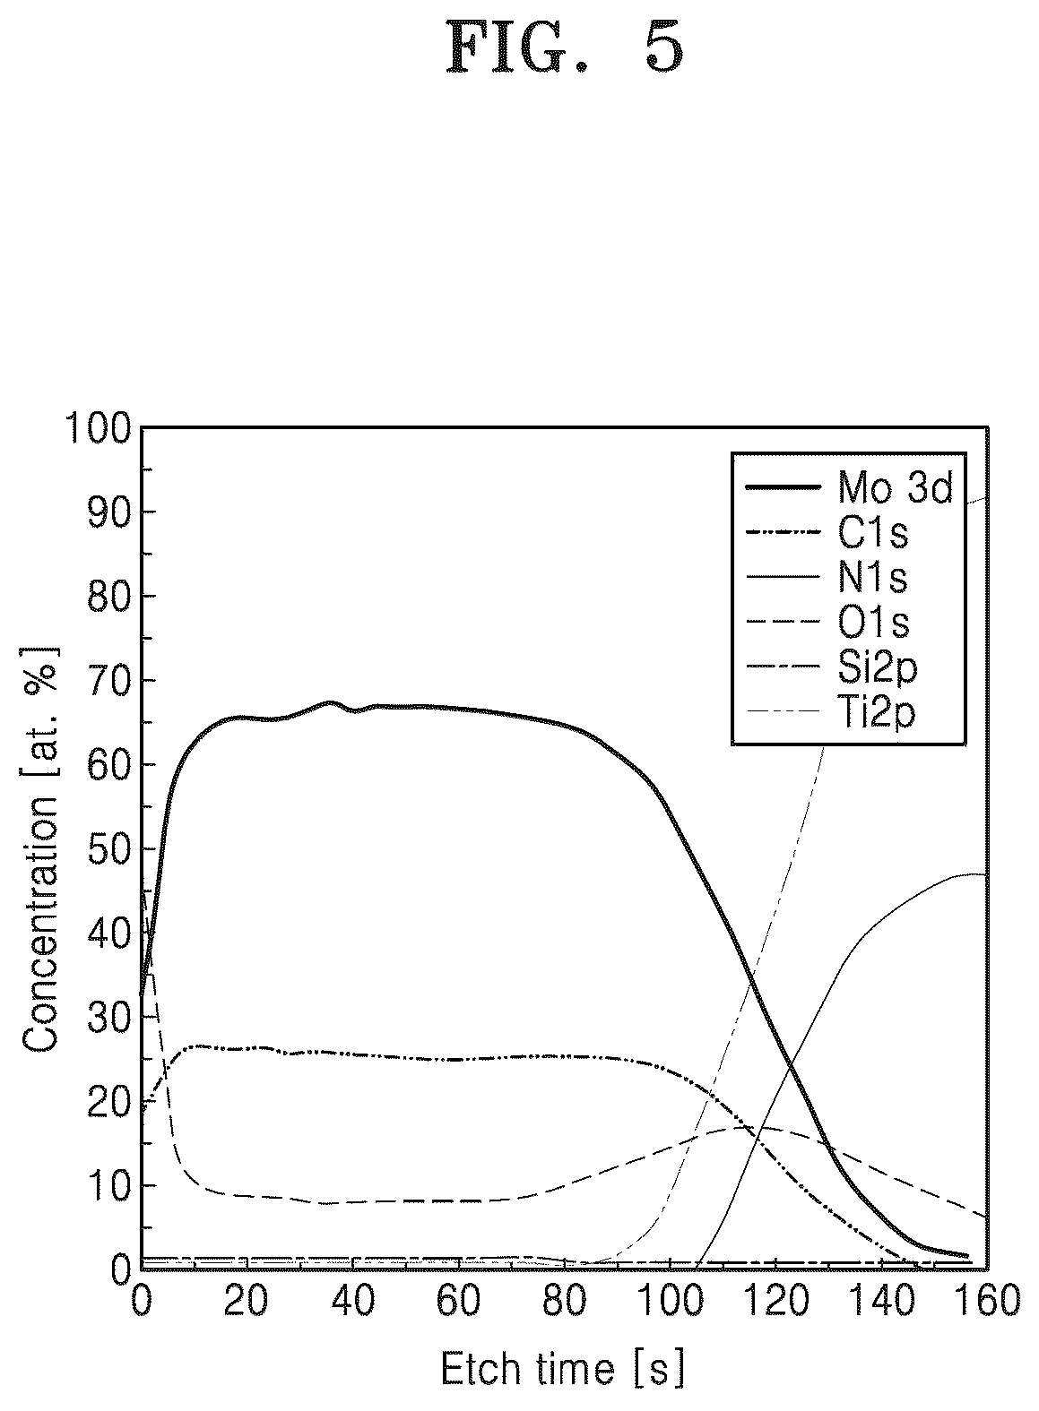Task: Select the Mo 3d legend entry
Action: [x=849, y=487]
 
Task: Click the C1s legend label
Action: [x=872, y=533]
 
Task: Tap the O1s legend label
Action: [x=873, y=623]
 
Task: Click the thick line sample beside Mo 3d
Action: [x=783, y=487]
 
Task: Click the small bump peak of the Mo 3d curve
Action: [x=330, y=702]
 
